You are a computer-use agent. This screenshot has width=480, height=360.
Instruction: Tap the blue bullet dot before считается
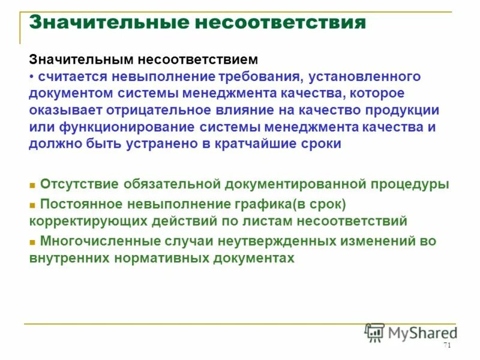[x=32, y=77]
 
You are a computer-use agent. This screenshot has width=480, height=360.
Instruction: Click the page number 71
[x=446, y=345]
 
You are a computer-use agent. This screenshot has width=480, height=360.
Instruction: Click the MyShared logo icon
[x=374, y=332]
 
